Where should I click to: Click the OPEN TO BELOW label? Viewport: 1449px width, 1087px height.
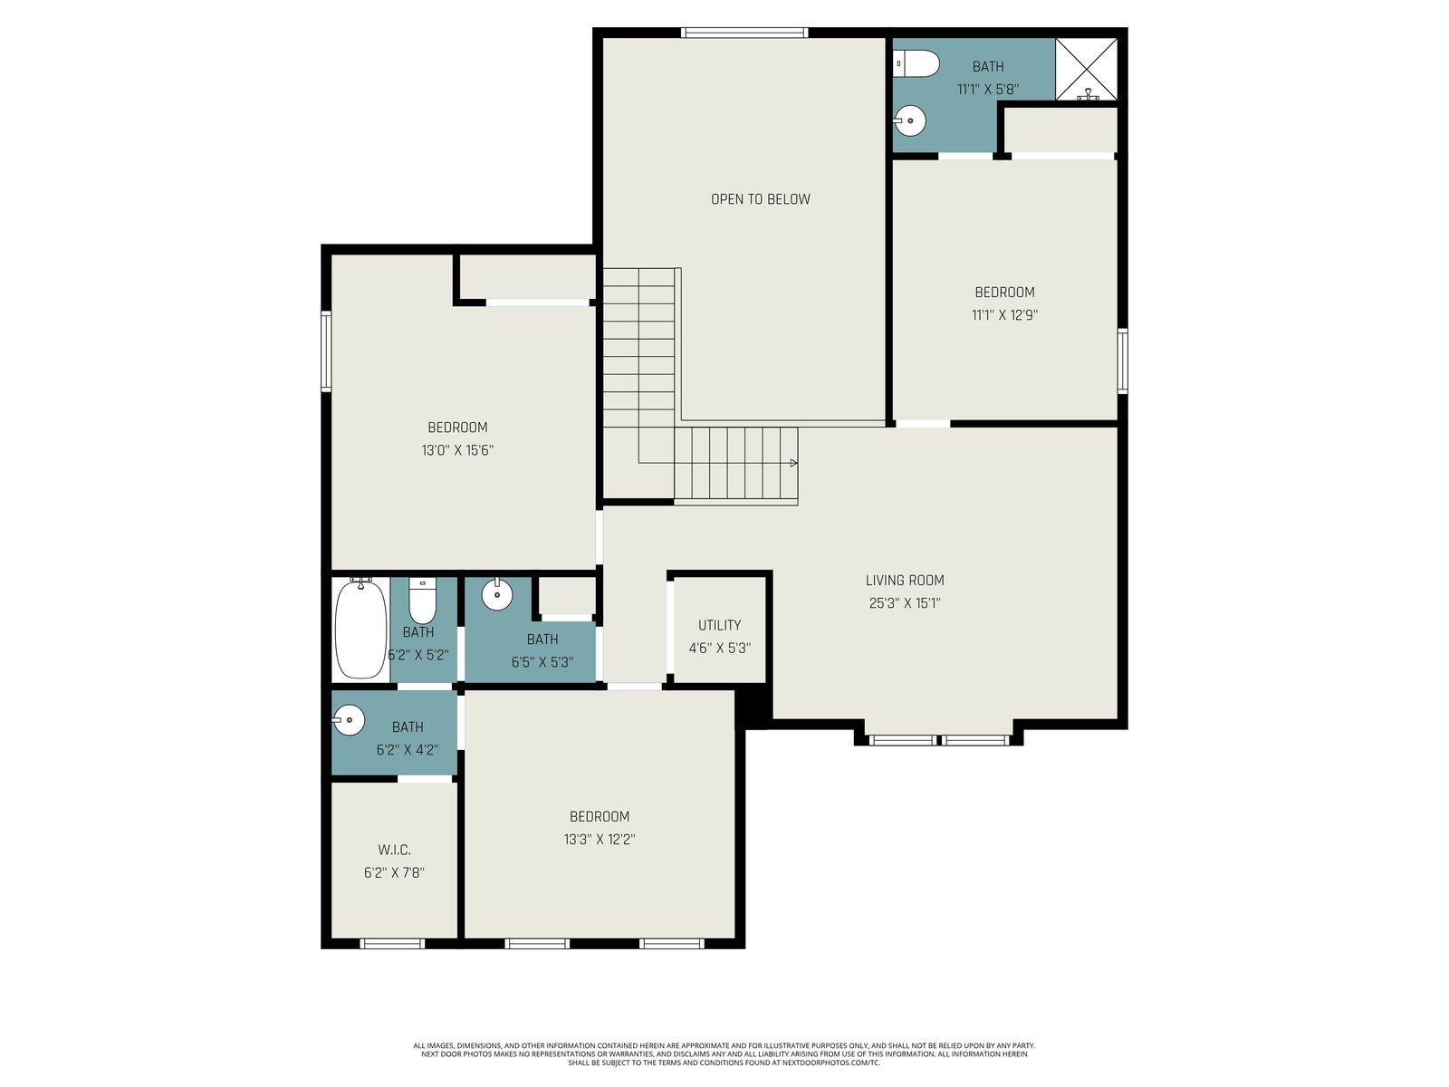pyautogui.click(x=760, y=199)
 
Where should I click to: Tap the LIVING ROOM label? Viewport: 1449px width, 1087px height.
pyautogui.click(x=905, y=580)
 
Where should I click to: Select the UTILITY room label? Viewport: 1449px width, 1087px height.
pyautogui.click(x=720, y=625)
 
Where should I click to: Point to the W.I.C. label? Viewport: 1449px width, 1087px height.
pyautogui.click(x=394, y=850)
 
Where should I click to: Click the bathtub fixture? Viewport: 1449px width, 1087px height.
pyautogui.click(x=360, y=628)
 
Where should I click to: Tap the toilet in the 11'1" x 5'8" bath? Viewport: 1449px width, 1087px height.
pyautogui.click(x=916, y=64)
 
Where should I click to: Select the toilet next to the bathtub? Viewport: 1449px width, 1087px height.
pyautogui.click(x=423, y=600)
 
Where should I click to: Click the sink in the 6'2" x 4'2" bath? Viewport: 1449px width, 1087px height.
pyautogui.click(x=349, y=719)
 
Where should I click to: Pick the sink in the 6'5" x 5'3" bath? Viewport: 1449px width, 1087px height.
pyautogui.click(x=497, y=594)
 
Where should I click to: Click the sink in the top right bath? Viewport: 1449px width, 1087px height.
pyautogui.click(x=909, y=121)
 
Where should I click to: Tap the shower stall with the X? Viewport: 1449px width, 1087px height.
pyautogui.click(x=1086, y=70)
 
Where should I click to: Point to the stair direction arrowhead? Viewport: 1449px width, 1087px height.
pyautogui.click(x=794, y=463)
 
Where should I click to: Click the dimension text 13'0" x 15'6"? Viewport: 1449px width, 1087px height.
pyautogui.click(x=457, y=450)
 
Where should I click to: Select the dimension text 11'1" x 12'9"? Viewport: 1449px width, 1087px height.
pyautogui.click(x=1004, y=315)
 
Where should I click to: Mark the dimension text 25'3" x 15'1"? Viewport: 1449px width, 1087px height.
pyautogui.click(x=905, y=602)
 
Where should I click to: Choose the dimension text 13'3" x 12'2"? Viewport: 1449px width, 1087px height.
pyautogui.click(x=599, y=840)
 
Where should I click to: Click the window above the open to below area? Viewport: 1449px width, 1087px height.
pyautogui.click(x=744, y=33)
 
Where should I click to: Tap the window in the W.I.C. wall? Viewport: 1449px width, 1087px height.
pyautogui.click(x=392, y=944)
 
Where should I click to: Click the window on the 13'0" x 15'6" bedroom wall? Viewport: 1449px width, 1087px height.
pyautogui.click(x=326, y=351)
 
